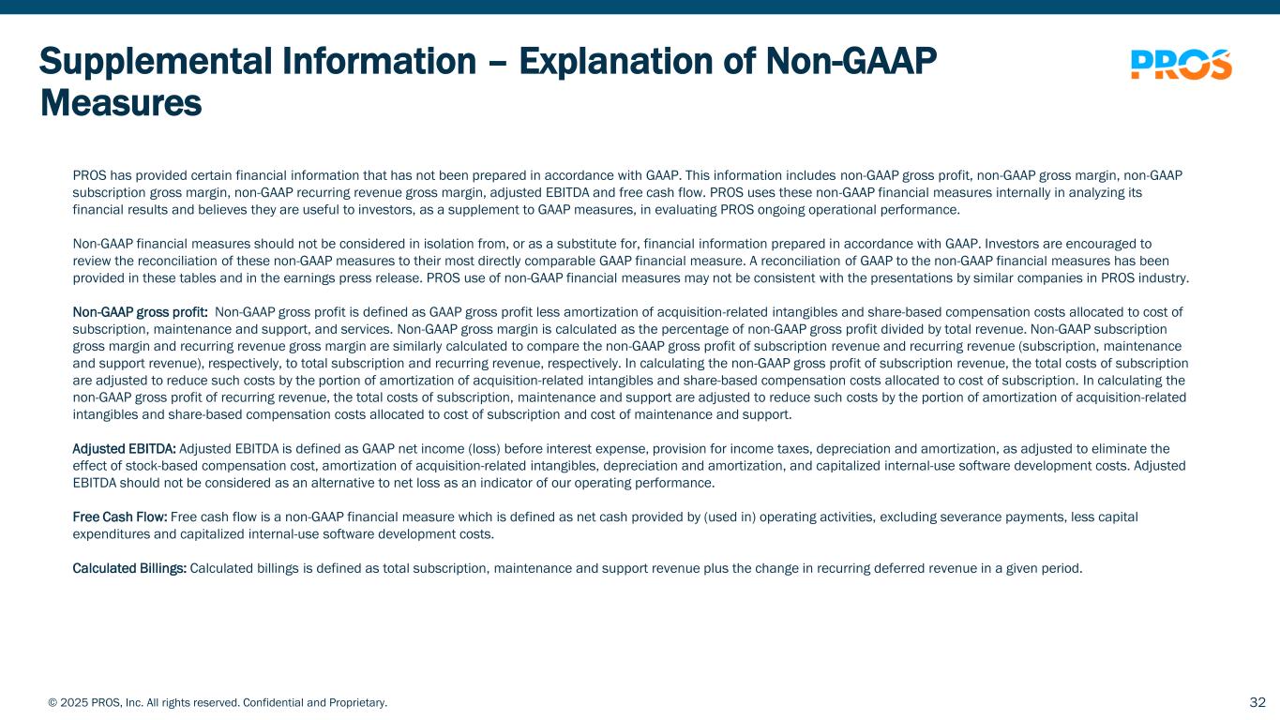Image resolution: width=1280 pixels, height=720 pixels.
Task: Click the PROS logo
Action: click(1182, 65)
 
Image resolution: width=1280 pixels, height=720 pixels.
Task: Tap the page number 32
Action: click(1257, 702)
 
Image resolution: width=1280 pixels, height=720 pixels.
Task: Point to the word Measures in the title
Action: click(121, 103)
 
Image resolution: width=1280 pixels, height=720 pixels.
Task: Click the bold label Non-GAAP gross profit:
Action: click(140, 312)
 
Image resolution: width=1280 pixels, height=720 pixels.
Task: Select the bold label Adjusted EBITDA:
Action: click(124, 448)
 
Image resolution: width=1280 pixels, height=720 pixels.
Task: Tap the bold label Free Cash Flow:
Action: click(120, 517)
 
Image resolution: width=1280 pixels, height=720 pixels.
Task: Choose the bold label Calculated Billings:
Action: click(129, 568)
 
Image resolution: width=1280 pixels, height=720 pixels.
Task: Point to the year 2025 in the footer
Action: click(74, 703)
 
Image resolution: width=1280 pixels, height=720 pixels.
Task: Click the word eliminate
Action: click(1120, 448)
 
